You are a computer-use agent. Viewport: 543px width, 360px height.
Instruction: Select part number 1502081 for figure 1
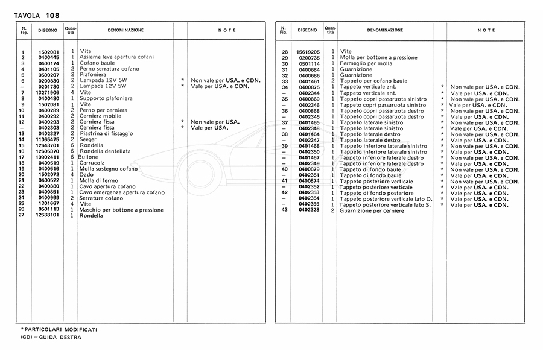(x=48, y=51)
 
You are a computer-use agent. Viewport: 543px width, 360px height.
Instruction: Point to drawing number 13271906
(x=48, y=92)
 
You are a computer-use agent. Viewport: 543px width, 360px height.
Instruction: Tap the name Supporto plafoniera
(x=107, y=98)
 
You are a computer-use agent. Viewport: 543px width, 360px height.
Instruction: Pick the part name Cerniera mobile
(x=100, y=116)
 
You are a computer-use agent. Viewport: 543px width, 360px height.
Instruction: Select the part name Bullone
(x=88, y=157)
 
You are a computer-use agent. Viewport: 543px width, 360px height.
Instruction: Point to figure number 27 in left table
(x=21, y=215)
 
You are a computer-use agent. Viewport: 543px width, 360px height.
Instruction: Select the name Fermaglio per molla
(x=366, y=63)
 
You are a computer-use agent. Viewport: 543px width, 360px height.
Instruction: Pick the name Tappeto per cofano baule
(x=373, y=81)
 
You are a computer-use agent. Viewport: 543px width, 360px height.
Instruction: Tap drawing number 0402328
(x=309, y=210)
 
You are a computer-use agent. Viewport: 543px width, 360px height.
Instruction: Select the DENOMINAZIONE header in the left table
(x=125, y=30)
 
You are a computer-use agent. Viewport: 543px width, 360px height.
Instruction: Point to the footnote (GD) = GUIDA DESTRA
(x=51, y=337)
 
